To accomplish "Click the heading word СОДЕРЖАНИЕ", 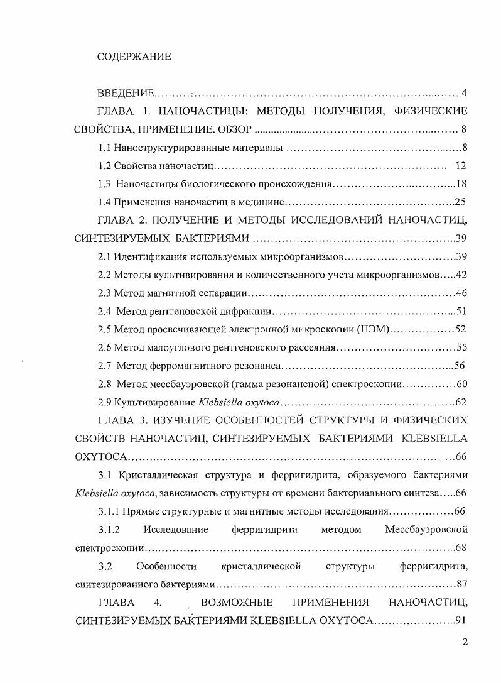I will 134,57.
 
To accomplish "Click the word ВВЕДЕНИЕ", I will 126,94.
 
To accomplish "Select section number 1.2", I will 105,167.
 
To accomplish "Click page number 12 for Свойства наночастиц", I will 460,167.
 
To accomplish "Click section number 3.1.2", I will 109,530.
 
